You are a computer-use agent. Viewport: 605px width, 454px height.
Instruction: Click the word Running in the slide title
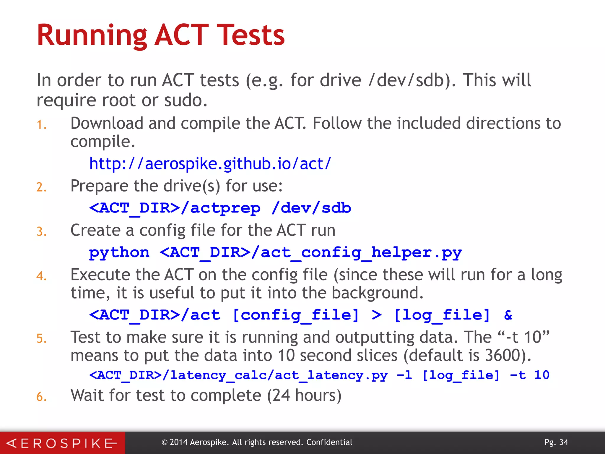pos(92,35)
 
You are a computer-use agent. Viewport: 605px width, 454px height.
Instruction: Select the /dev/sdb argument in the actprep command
pos(311,208)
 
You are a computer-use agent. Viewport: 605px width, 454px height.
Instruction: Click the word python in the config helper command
pos(119,253)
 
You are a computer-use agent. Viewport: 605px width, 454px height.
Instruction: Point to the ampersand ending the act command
pos(508,315)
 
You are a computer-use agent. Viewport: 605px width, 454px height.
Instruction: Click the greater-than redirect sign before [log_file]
pos(376,315)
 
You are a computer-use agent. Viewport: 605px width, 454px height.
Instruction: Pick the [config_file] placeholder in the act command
pos(296,315)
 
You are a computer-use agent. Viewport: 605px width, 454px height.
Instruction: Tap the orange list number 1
pos(41,125)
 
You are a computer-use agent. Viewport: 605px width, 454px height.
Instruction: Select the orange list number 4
pos(41,276)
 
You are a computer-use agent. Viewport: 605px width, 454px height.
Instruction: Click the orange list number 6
pos(41,397)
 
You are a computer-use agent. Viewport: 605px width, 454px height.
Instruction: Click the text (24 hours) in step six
pos(304,395)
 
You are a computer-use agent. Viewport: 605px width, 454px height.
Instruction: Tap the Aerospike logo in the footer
pos(62,443)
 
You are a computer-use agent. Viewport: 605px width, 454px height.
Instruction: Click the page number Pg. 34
pos(556,442)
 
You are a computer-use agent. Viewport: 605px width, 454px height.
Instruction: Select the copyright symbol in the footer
pos(165,442)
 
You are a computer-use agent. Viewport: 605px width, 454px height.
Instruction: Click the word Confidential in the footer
pos(329,442)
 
